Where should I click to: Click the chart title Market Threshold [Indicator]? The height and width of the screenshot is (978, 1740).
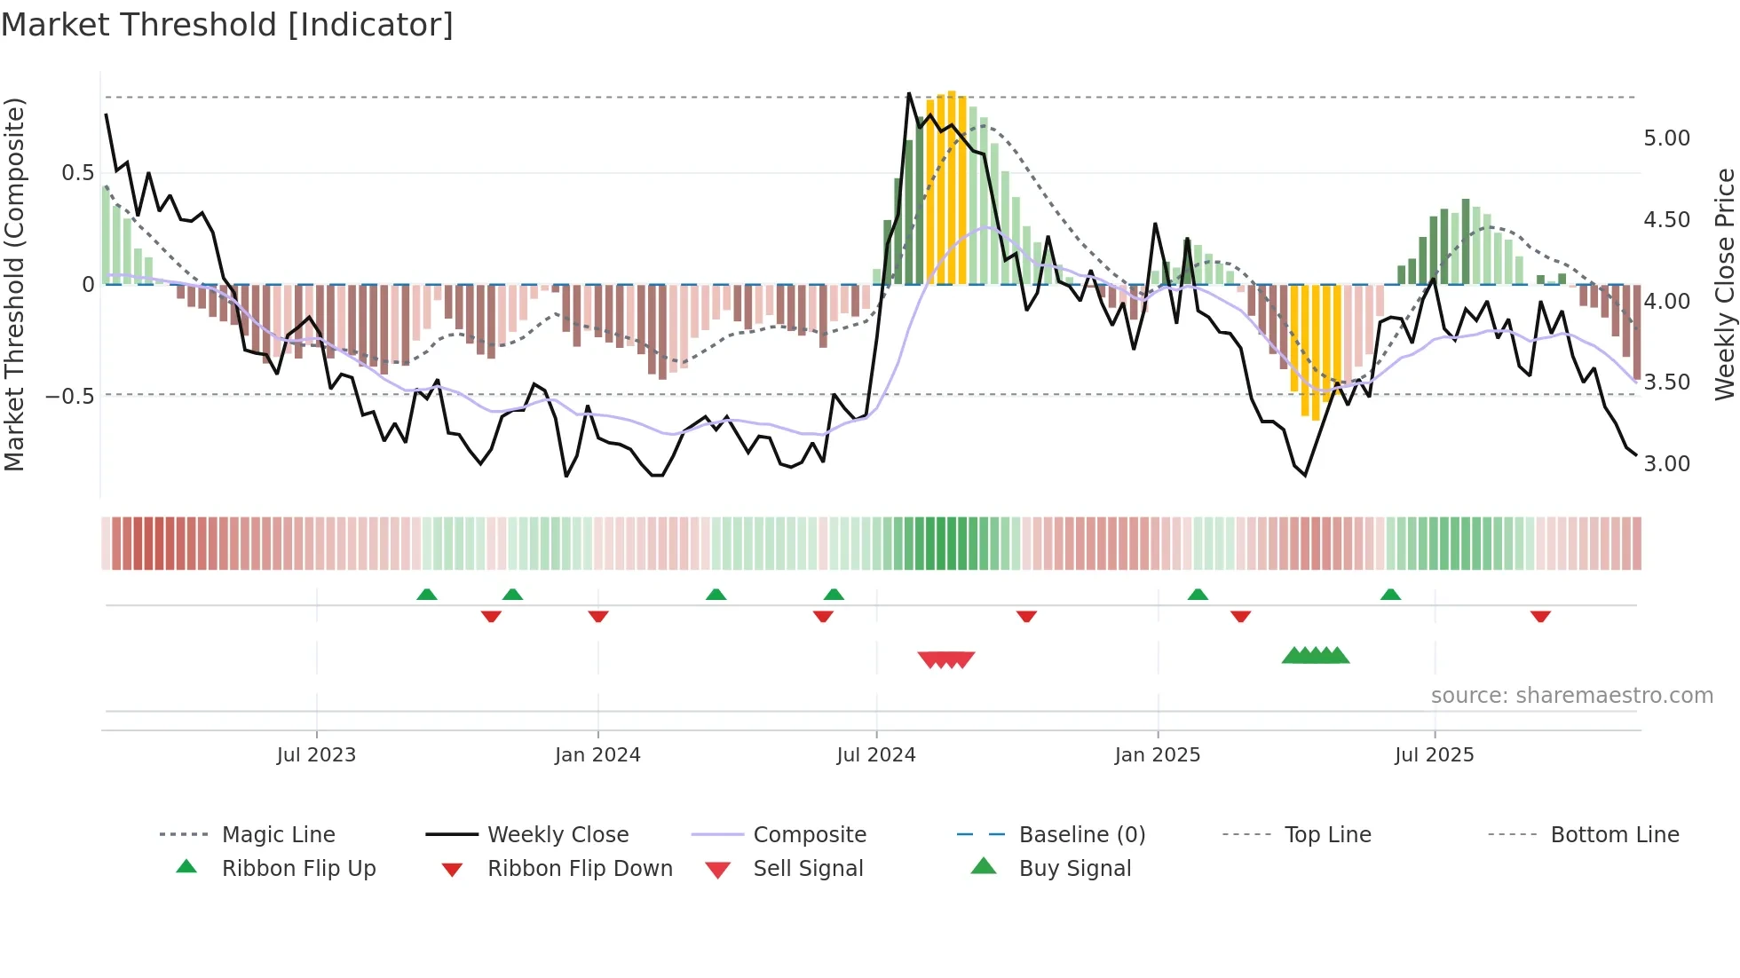(x=227, y=25)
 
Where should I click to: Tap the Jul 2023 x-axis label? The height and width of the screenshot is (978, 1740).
(x=316, y=755)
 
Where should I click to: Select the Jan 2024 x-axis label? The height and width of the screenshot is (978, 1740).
(x=597, y=755)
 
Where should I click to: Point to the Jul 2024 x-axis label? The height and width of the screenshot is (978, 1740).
(x=876, y=755)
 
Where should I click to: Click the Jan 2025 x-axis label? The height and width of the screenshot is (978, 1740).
(x=1158, y=755)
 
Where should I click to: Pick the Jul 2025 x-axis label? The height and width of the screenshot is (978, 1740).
(x=1435, y=755)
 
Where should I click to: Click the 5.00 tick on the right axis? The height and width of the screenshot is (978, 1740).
(x=1666, y=138)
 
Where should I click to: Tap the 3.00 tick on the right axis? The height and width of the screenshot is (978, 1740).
(x=1666, y=464)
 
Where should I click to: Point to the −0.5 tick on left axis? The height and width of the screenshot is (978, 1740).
(x=70, y=396)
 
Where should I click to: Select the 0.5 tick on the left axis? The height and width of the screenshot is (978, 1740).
(x=77, y=173)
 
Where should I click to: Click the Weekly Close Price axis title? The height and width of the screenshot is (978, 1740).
(x=1724, y=284)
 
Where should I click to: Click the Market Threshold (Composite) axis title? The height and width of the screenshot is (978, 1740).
(x=14, y=284)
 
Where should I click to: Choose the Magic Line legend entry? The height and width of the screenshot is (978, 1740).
(x=278, y=835)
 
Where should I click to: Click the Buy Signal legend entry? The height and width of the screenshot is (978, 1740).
(x=1074, y=869)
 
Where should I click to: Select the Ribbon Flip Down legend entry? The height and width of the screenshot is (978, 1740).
(x=580, y=869)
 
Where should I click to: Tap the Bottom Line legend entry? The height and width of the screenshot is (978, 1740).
(x=1614, y=835)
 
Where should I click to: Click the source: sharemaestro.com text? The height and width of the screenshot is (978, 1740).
(x=1571, y=696)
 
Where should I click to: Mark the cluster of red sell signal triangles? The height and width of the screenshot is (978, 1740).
(x=946, y=659)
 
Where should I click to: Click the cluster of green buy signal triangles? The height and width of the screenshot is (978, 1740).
(x=1316, y=656)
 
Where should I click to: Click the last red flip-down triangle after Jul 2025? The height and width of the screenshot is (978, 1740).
(x=1540, y=616)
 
